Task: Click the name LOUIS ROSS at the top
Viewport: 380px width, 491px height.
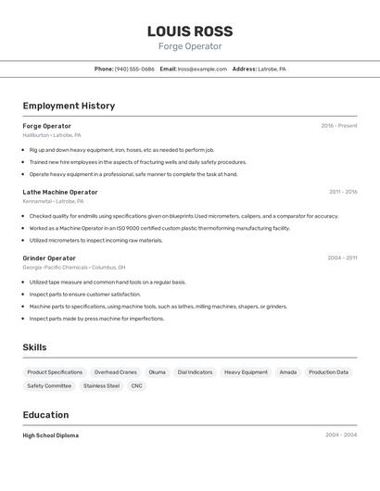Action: (x=190, y=31)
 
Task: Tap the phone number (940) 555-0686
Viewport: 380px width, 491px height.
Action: (x=134, y=69)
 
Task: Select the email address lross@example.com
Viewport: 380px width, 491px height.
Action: (x=202, y=69)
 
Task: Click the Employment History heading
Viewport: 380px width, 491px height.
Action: (x=69, y=106)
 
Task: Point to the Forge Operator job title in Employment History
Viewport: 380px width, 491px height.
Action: (x=46, y=126)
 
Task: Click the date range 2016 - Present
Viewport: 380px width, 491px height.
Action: (x=338, y=126)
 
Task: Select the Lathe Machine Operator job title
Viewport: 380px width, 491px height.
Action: (x=60, y=192)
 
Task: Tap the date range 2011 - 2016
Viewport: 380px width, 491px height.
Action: (x=343, y=192)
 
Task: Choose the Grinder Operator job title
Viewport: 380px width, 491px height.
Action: (x=49, y=258)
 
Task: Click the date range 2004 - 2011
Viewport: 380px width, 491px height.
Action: (x=343, y=258)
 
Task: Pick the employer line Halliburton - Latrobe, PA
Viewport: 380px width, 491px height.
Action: (x=53, y=135)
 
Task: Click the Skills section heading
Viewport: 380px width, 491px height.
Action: (x=35, y=347)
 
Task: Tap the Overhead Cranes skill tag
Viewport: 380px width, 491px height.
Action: (x=116, y=371)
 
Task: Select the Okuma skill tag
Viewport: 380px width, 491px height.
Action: (x=158, y=371)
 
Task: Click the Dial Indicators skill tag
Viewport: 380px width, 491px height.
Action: (x=195, y=371)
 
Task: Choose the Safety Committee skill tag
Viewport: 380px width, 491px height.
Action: (x=49, y=385)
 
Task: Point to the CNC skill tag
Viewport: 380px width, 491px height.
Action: (x=137, y=385)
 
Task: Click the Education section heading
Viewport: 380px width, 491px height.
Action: (x=45, y=415)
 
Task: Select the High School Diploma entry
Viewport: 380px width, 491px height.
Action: (x=51, y=435)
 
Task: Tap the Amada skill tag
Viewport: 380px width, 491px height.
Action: (x=288, y=371)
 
